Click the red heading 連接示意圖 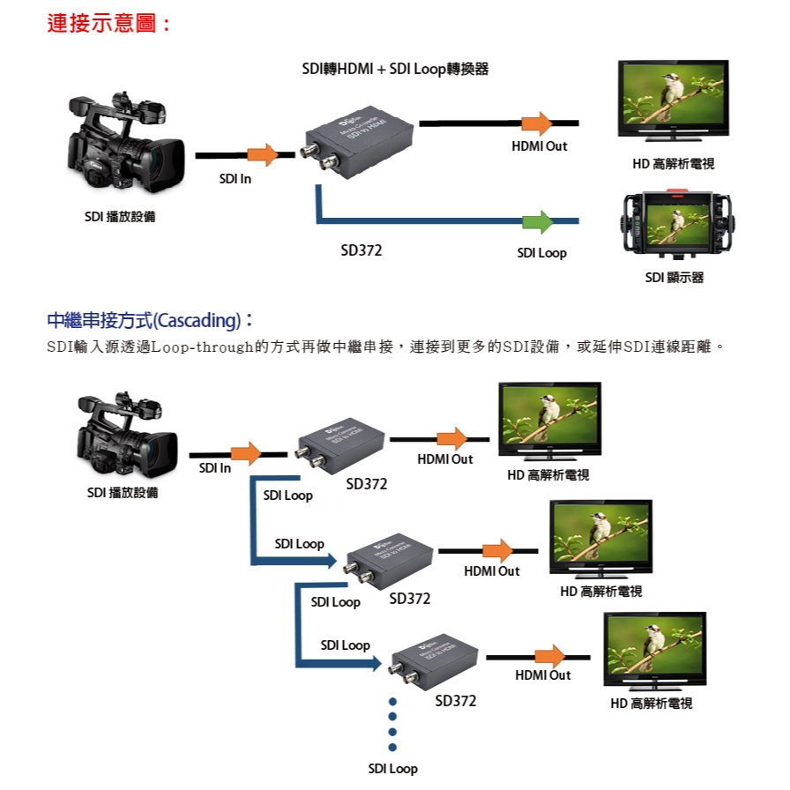(108, 24)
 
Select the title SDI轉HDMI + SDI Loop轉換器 (394, 69)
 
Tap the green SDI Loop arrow (536, 221)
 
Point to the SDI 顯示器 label (674, 278)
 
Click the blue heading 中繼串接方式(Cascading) (149, 319)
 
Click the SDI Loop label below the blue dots (392, 769)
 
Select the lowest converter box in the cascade (433, 661)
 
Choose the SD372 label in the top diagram (361, 251)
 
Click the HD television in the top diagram (673, 100)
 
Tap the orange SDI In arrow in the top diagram (262, 155)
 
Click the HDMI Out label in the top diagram (539, 146)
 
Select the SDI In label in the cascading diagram (214, 468)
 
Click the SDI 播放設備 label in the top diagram (120, 217)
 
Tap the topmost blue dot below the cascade (392, 703)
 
